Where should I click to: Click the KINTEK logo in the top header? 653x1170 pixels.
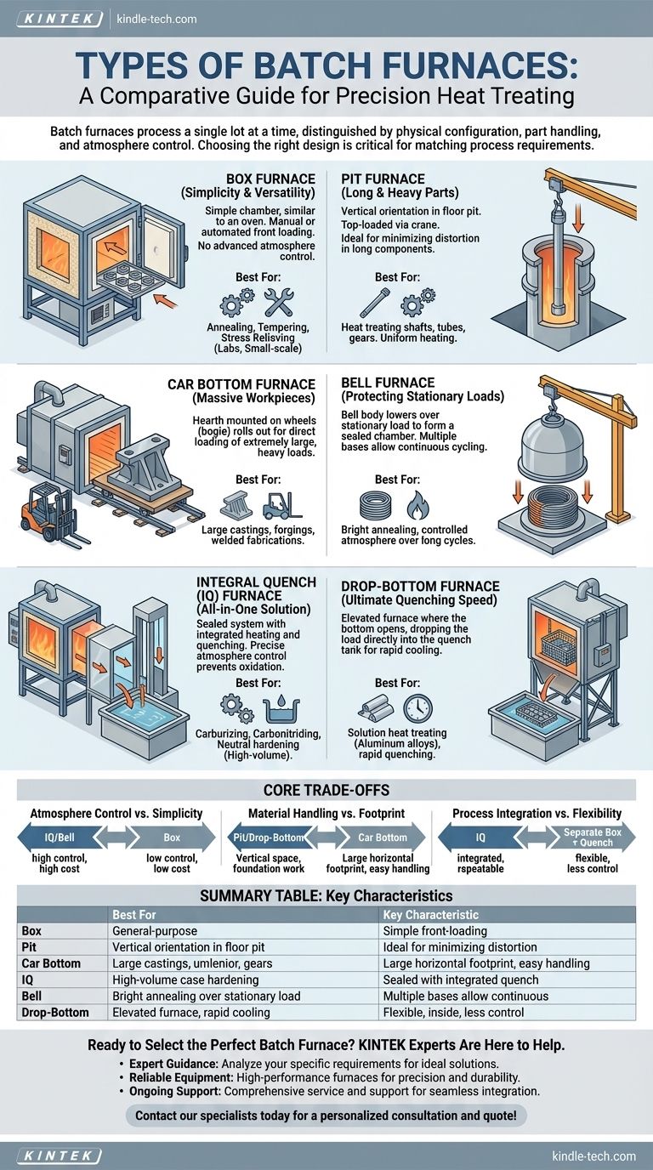59,18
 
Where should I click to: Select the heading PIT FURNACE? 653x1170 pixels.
383,179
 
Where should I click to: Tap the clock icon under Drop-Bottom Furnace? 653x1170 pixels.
417,707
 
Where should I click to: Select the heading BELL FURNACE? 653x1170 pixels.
388,383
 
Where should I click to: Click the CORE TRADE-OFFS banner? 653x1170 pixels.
326,789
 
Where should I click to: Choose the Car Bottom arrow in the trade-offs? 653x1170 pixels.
382,838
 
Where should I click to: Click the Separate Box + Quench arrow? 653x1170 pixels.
592,838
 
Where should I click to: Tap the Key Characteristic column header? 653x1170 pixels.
430,915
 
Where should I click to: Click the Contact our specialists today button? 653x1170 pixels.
326,1115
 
